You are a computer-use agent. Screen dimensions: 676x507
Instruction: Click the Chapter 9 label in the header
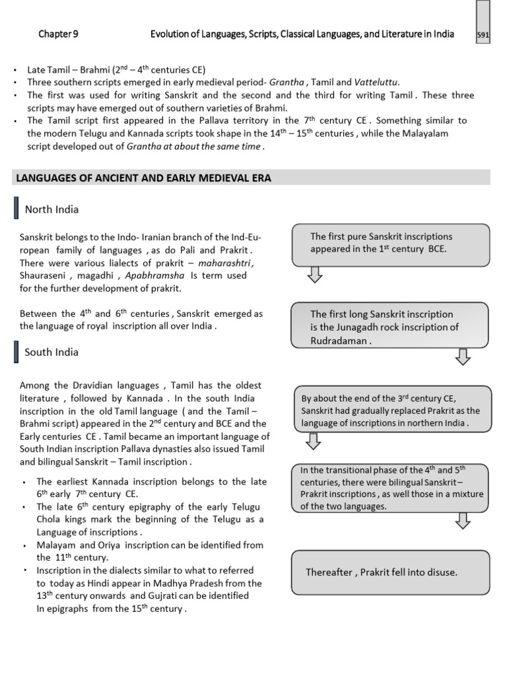point(57,34)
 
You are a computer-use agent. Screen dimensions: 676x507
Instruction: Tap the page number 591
point(483,36)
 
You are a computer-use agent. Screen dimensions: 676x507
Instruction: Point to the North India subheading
point(51,209)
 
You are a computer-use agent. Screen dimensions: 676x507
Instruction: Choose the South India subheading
point(51,352)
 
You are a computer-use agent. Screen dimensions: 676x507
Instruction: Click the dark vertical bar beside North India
point(15,209)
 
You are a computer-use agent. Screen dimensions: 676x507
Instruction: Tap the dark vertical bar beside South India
point(15,352)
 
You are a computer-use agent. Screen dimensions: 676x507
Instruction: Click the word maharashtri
point(224,263)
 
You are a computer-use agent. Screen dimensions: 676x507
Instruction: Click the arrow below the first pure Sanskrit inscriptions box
point(316,275)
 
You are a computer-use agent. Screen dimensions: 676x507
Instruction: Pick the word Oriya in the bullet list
point(105,545)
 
